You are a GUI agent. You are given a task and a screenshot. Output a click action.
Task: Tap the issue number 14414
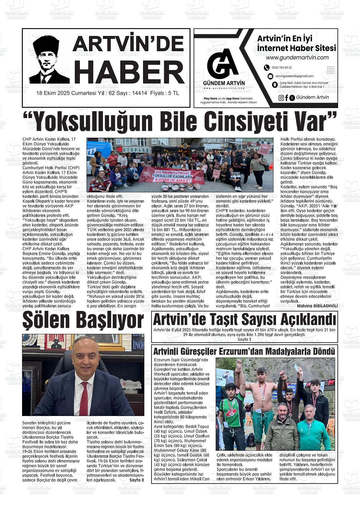click(140, 93)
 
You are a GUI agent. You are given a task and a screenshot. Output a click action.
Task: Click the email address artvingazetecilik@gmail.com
click(294, 76)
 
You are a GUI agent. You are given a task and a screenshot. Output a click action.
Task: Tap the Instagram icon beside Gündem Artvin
click(281, 98)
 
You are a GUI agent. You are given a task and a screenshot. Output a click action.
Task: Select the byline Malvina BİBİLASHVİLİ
click(317, 306)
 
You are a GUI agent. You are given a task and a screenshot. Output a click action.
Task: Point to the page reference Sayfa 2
click(244, 340)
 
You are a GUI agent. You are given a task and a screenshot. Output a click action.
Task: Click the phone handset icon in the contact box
click(267, 68)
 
